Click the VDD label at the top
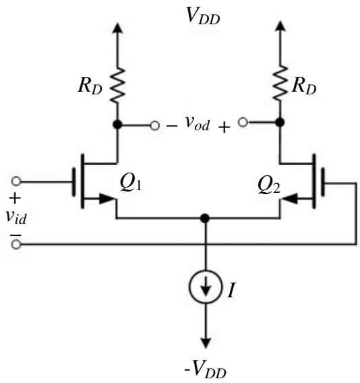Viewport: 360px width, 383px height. tap(203, 16)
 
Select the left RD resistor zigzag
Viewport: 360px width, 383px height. tap(117, 85)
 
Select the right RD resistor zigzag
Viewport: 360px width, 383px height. tap(280, 83)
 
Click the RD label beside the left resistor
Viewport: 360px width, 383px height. tap(90, 87)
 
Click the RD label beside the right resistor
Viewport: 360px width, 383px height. tap(304, 87)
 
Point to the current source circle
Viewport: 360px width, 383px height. tap(206, 287)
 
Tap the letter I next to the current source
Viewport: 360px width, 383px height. tap(231, 291)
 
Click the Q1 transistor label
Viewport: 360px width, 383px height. tap(131, 183)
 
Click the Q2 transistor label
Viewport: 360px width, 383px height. tap(269, 186)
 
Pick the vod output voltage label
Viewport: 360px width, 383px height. tap(198, 123)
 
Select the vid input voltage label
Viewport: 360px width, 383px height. tap(16, 217)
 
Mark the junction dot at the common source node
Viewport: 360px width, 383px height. tap(205, 218)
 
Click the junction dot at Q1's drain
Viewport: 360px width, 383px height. tap(117, 125)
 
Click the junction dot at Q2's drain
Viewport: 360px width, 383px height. tap(280, 122)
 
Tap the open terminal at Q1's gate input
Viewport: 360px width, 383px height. tap(16, 181)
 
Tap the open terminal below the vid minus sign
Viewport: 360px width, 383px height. tap(16, 244)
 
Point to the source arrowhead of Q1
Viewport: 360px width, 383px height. tap(107, 199)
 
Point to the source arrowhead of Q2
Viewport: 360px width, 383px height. tap(290, 198)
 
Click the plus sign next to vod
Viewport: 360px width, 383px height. tap(224, 127)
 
